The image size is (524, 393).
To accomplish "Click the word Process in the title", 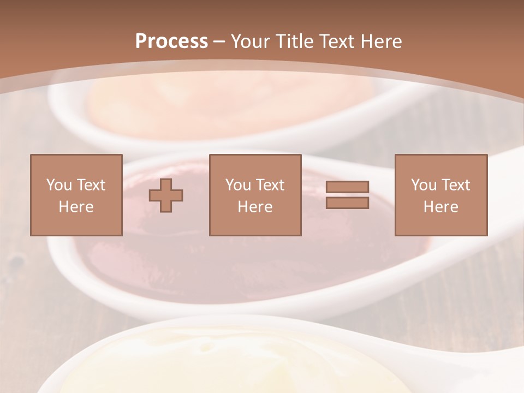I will [171, 41].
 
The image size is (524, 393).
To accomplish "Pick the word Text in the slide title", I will [334, 41].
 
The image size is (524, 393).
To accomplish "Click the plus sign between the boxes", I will [166, 195].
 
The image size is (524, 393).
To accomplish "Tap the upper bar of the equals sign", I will [347, 187].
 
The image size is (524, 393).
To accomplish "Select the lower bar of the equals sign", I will [347, 203].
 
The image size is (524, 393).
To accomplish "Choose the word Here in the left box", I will [76, 207].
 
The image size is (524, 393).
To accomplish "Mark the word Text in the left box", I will [91, 185].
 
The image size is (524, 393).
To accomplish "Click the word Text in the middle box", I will [270, 185].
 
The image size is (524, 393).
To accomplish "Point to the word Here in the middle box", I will [255, 207].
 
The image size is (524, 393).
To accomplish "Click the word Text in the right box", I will [455, 185].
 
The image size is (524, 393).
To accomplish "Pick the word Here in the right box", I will [440, 207].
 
